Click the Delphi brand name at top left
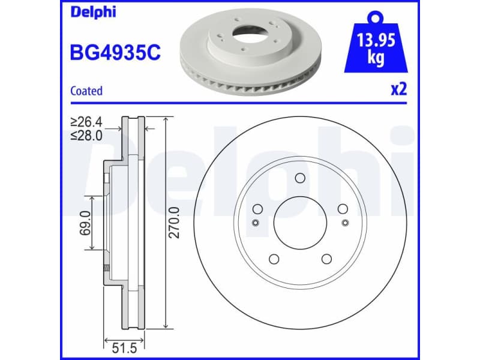[x=93, y=13]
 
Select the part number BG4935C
[x=116, y=53]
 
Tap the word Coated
[x=86, y=91]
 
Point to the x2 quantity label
[x=398, y=89]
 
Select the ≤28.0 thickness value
[x=86, y=136]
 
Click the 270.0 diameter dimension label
[x=174, y=222]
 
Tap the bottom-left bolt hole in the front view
[x=274, y=259]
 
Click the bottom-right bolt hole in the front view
[x=326, y=259]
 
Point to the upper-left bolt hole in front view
[x=257, y=209]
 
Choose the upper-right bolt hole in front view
[x=343, y=209]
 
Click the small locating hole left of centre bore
[x=255, y=223]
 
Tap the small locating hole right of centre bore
[x=345, y=223]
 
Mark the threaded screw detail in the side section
[x=106, y=268]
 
